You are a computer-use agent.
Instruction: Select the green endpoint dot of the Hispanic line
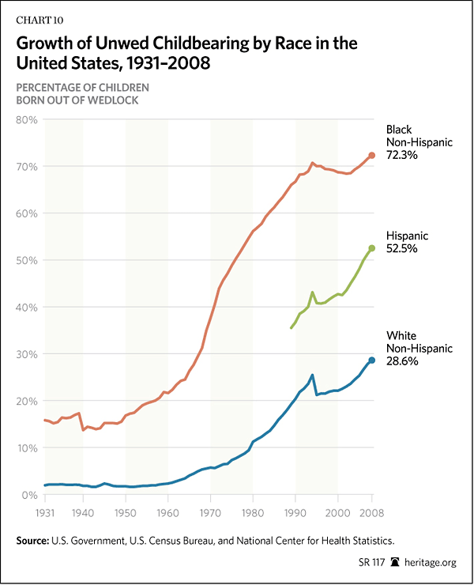pos(371,248)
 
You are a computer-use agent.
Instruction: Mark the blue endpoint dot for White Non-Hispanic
pos(371,360)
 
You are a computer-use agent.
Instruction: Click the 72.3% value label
pos(403,157)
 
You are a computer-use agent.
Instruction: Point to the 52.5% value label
pos(403,248)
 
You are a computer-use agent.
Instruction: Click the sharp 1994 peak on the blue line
pos(312,375)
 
